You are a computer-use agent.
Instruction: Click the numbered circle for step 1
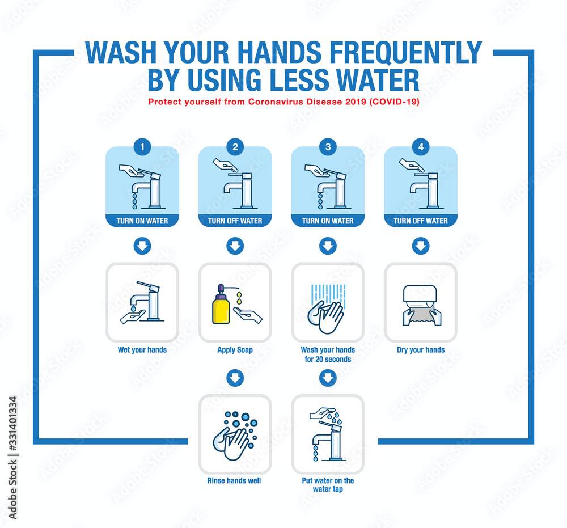pyautogui.click(x=142, y=147)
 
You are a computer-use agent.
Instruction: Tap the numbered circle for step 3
pyautogui.click(x=328, y=147)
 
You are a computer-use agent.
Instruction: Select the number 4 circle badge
pyautogui.click(x=421, y=147)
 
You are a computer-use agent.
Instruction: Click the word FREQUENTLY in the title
pyautogui.click(x=406, y=53)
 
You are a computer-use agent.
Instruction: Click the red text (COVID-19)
pyautogui.click(x=394, y=102)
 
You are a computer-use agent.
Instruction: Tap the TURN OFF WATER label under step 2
pyautogui.click(x=235, y=221)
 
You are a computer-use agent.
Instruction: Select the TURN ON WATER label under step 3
pyautogui.click(x=328, y=221)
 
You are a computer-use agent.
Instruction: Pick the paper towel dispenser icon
pyautogui.click(x=421, y=305)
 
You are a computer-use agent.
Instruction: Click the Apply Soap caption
pyautogui.click(x=235, y=350)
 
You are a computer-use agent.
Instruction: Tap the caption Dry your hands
pyautogui.click(x=421, y=350)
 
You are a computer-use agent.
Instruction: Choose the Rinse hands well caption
pyautogui.click(x=234, y=480)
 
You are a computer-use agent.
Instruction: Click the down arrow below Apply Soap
pyautogui.click(x=235, y=378)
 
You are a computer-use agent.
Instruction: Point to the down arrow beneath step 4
pyautogui.click(x=421, y=246)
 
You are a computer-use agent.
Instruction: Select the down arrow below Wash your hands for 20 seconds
pyautogui.click(x=328, y=378)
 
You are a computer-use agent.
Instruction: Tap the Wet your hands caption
pyautogui.click(x=142, y=350)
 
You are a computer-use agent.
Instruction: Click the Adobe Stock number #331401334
pyautogui.click(x=12, y=424)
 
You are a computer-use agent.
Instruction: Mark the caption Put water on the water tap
pyautogui.click(x=328, y=484)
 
